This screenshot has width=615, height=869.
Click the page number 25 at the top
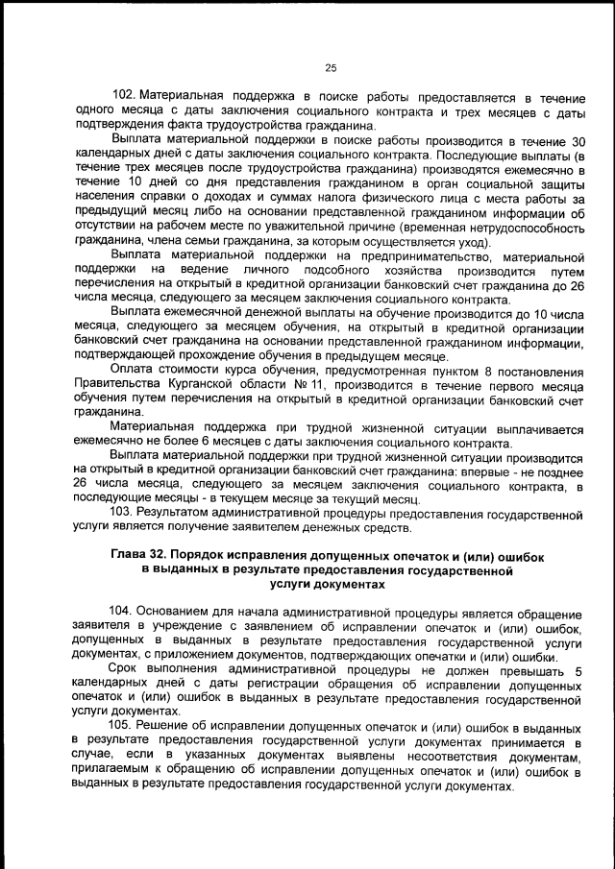pyautogui.click(x=330, y=67)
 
